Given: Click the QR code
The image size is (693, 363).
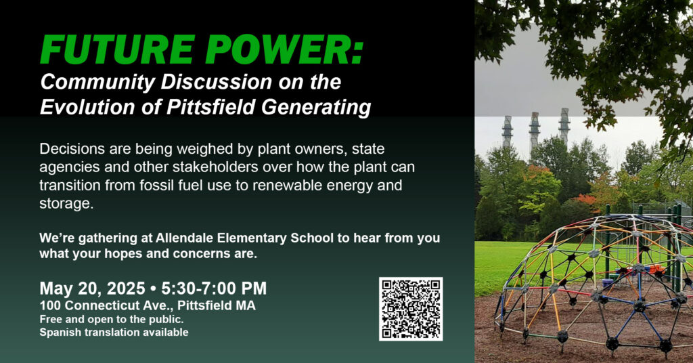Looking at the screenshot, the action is (411, 309).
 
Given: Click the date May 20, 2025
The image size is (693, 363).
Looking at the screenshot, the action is (92, 289).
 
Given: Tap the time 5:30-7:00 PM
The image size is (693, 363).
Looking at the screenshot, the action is (214, 289).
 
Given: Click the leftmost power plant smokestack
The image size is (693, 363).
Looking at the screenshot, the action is (507, 132).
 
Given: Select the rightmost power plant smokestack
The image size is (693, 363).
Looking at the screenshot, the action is (564, 126).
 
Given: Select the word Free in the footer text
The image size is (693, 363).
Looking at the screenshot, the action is (49, 319).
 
